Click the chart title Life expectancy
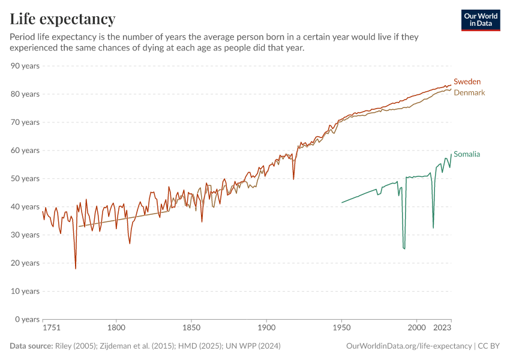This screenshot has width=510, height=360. coord(62,19)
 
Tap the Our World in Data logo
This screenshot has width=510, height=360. coord(481,20)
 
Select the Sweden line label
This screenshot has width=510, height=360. coord(467,82)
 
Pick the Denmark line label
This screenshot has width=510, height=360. coord(469,93)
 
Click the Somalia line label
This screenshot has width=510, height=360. coord(467,154)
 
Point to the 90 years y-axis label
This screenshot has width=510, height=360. coord(25,66)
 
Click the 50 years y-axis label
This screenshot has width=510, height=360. coord(25,179)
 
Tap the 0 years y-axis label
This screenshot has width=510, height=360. coord(27,319)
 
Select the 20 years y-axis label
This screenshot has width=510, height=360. coord(25,263)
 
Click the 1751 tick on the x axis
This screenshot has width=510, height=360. coord(52,328)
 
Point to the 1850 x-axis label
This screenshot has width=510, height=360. coord(191,328)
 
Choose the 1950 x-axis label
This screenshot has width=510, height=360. coord(341,328)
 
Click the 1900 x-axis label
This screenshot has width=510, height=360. coord(266,328)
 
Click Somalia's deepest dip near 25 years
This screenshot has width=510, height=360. coord(404,248)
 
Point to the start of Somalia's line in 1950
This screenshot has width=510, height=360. coord(342,202)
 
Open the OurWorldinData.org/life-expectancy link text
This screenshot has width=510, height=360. coord(409,346)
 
